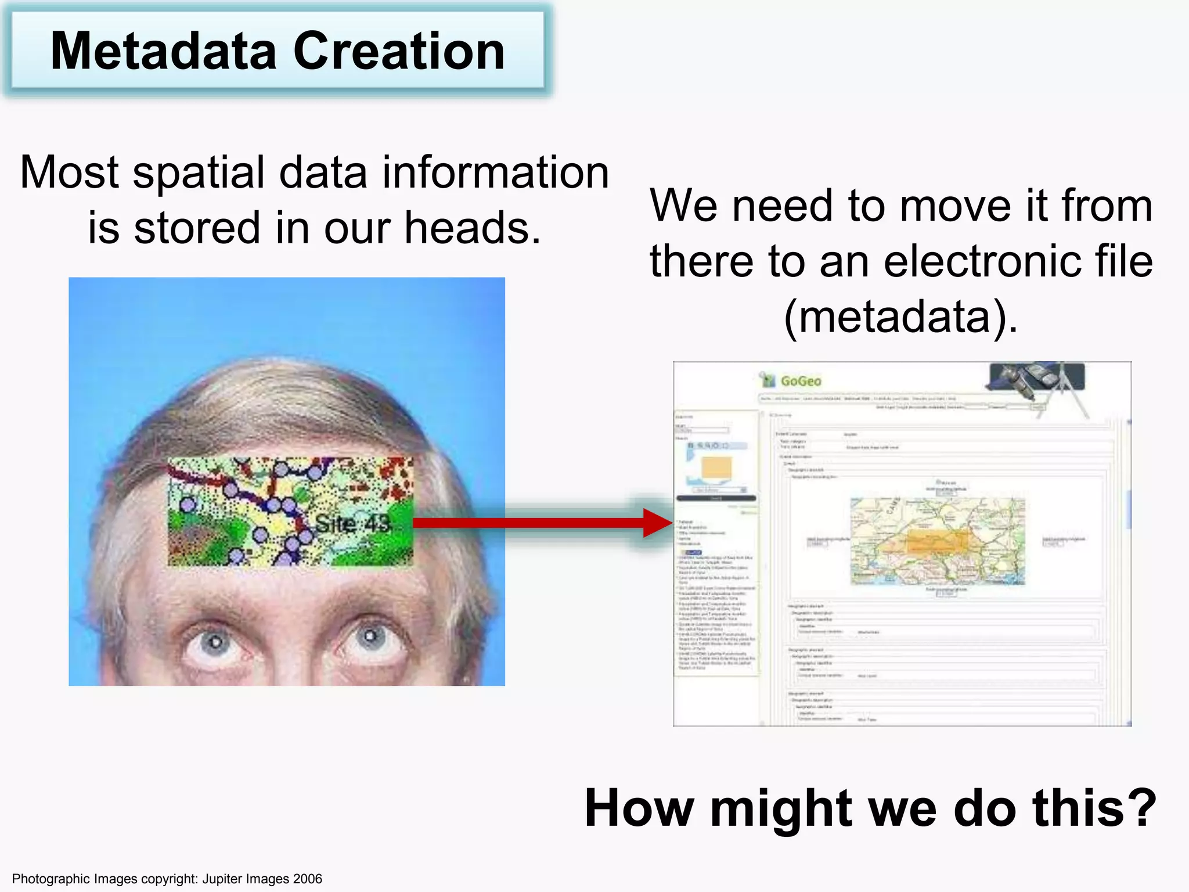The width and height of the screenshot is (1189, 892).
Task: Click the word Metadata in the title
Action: (163, 52)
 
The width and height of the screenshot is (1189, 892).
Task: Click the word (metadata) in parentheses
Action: (900, 317)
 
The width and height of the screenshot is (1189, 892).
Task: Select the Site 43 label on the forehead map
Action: (353, 524)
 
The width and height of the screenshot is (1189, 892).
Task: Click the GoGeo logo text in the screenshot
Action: (800, 381)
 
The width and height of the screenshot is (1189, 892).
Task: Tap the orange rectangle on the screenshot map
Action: (936, 542)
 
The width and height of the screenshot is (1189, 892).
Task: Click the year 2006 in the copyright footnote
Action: (307, 879)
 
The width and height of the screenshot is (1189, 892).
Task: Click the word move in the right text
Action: (956, 206)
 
